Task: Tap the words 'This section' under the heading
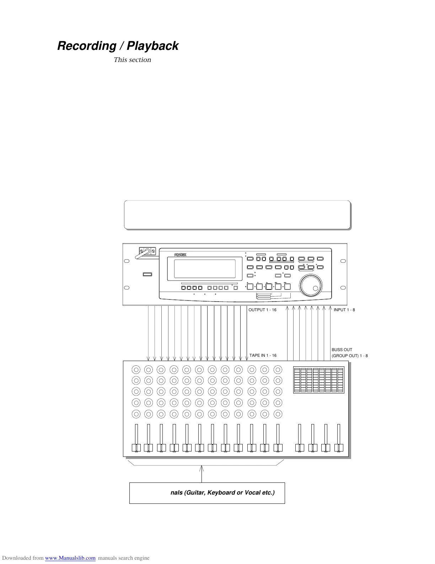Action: [x=132, y=60]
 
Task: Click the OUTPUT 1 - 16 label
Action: [x=262, y=310]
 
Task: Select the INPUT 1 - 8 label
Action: [x=344, y=310]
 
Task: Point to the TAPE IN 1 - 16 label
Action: [x=263, y=355]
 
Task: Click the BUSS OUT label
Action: [x=342, y=350]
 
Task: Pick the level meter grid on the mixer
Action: [x=319, y=380]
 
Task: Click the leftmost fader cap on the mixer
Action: [x=136, y=448]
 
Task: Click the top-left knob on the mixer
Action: [x=136, y=369]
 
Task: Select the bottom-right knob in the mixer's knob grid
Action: [x=278, y=414]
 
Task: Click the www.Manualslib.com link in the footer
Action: [x=70, y=558]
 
